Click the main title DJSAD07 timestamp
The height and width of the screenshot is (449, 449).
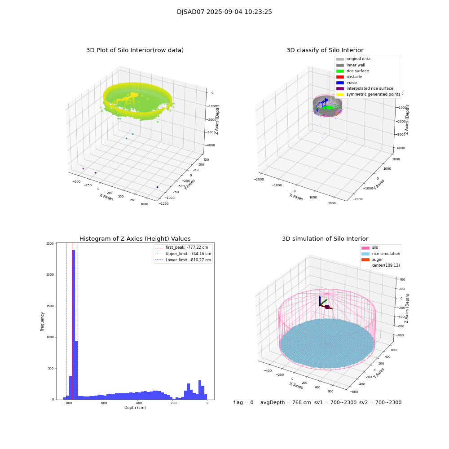224,12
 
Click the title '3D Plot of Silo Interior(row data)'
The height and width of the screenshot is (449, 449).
135,50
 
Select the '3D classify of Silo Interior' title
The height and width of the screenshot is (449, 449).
325,50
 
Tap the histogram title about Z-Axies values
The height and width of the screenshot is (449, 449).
135,239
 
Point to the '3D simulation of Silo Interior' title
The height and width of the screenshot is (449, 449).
325,239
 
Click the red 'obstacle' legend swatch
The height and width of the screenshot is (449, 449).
340,77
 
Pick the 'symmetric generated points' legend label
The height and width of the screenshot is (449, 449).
373,94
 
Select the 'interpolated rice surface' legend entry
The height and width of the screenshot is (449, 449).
370,88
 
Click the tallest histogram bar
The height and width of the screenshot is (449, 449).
73,323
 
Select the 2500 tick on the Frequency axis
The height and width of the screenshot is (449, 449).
49,243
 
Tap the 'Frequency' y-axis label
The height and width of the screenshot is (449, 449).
43,321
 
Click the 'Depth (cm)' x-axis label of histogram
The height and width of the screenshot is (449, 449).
135,408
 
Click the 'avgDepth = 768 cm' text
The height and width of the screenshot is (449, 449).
286,403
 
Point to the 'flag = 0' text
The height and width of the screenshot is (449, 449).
243,403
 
